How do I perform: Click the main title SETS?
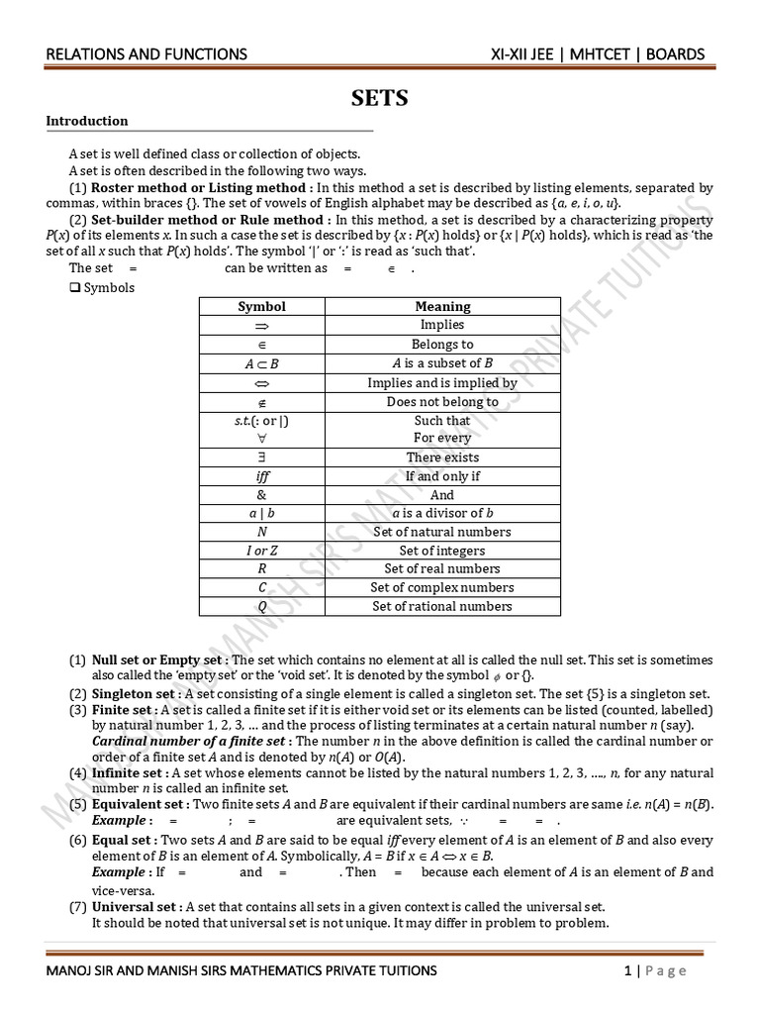tap(380, 98)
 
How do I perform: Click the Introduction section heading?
tap(87, 121)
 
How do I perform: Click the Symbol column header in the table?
tap(261, 306)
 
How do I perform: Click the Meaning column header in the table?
tap(442, 306)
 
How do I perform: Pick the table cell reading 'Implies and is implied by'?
tap(442, 382)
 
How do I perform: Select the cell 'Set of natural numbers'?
tap(442, 532)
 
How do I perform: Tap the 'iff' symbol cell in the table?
tap(261, 476)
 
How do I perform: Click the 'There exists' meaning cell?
tap(442, 457)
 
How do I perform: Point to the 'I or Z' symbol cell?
tap(261, 551)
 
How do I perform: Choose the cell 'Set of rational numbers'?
tap(442, 606)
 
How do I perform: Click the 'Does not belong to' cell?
tap(442, 402)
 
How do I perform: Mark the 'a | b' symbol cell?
tap(261, 513)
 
